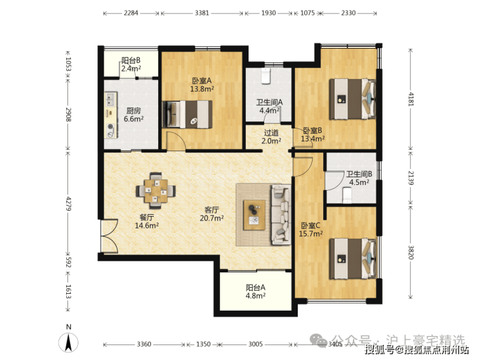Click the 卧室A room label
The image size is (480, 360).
(x=202, y=81)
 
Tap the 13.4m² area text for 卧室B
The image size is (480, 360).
(x=313, y=139)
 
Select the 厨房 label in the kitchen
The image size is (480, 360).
(x=134, y=111)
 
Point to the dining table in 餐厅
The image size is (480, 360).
(x=156, y=191)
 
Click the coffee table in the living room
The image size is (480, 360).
(x=254, y=215)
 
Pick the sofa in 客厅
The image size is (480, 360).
(x=280, y=215)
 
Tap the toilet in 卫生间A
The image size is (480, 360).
(x=265, y=76)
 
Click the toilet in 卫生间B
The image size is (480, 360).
(x=346, y=195)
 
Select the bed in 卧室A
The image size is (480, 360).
(x=187, y=114)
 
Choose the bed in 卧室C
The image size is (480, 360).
(x=352, y=259)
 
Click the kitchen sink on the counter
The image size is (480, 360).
(x=110, y=99)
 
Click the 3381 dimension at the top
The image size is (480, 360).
(x=202, y=13)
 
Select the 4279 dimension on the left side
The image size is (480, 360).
(x=69, y=204)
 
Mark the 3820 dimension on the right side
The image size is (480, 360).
(x=411, y=252)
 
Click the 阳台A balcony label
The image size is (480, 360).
(x=256, y=288)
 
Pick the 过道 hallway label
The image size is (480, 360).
(x=271, y=133)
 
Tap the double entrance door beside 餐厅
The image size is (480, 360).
(x=109, y=235)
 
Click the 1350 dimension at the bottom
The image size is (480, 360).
(x=203, y=344)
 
